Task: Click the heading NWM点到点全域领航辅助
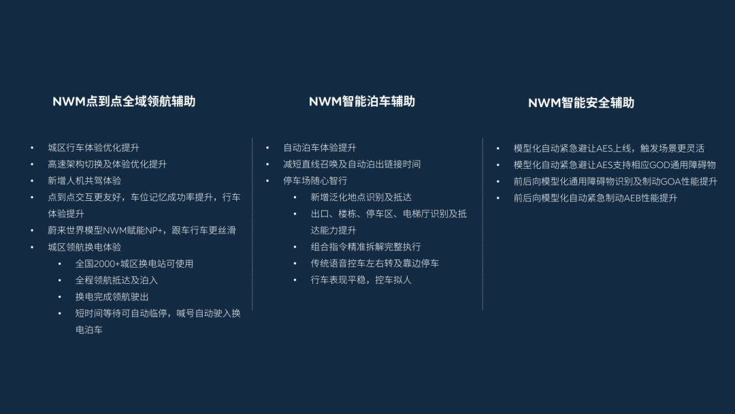(124, 101)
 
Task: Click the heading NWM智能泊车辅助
(361, 101)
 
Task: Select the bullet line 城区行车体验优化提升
(93, 148)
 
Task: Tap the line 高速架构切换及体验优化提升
(107, 164)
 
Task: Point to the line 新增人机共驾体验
(84, 180)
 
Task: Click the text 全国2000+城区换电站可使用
(134, 264)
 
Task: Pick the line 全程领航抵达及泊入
(116, 280)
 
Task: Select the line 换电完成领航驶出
(112, 297)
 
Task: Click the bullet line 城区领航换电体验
(84, 247)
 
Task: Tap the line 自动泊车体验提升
(319, 148)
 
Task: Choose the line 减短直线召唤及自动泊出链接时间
(352, 164)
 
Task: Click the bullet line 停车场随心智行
(315, 180)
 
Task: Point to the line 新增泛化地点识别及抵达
(361, 197)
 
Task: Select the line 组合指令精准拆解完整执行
(365, 247)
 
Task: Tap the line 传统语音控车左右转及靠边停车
(374, 264)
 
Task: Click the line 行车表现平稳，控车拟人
(361, 280)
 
